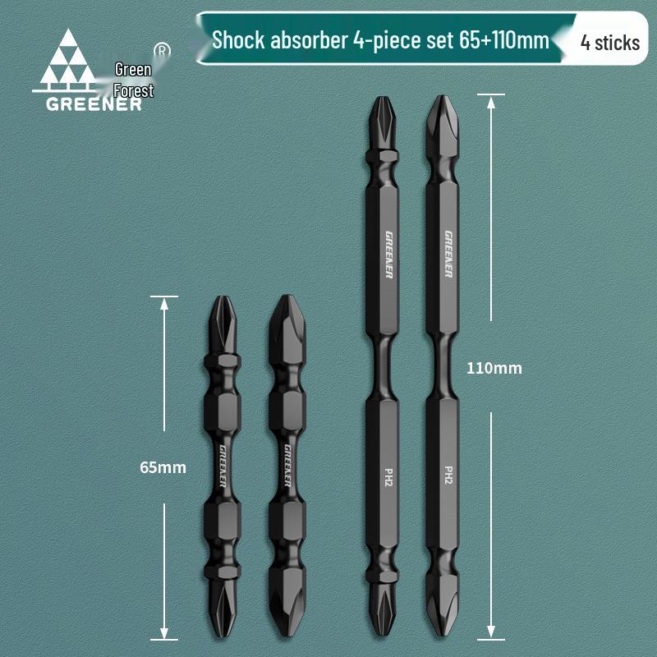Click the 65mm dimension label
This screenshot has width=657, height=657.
point(163,467)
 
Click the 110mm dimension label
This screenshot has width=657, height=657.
point(494,368)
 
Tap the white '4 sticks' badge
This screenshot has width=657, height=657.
point(610,43)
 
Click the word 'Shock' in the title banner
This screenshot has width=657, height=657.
point(238,40)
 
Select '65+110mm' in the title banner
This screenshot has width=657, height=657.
point(503,40)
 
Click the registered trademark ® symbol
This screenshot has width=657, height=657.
point(162,50)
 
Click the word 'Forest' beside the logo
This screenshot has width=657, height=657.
point(134,90)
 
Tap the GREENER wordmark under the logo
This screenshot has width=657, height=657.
point(94,105)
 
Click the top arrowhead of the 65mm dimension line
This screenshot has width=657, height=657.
point(164,304)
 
